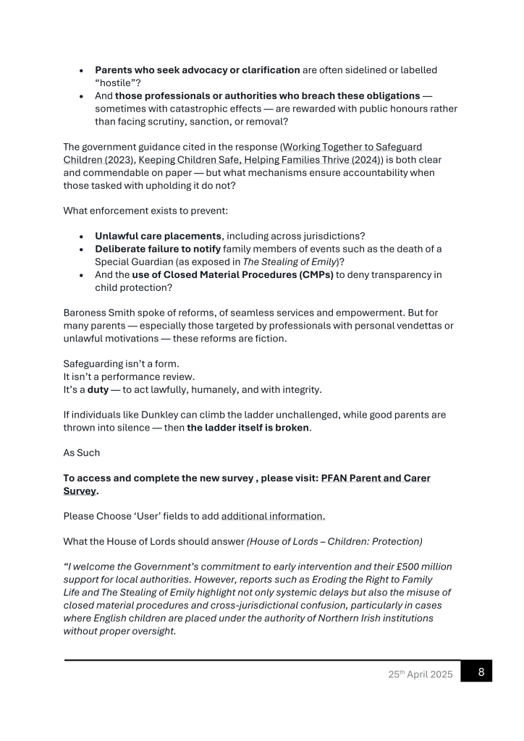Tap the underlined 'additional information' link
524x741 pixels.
point(273,516)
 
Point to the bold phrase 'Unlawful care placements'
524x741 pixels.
point(158,236)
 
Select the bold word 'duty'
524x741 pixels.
point(100,390)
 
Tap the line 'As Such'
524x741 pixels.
point(82,452)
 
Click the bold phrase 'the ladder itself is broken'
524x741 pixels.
point(248,428)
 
